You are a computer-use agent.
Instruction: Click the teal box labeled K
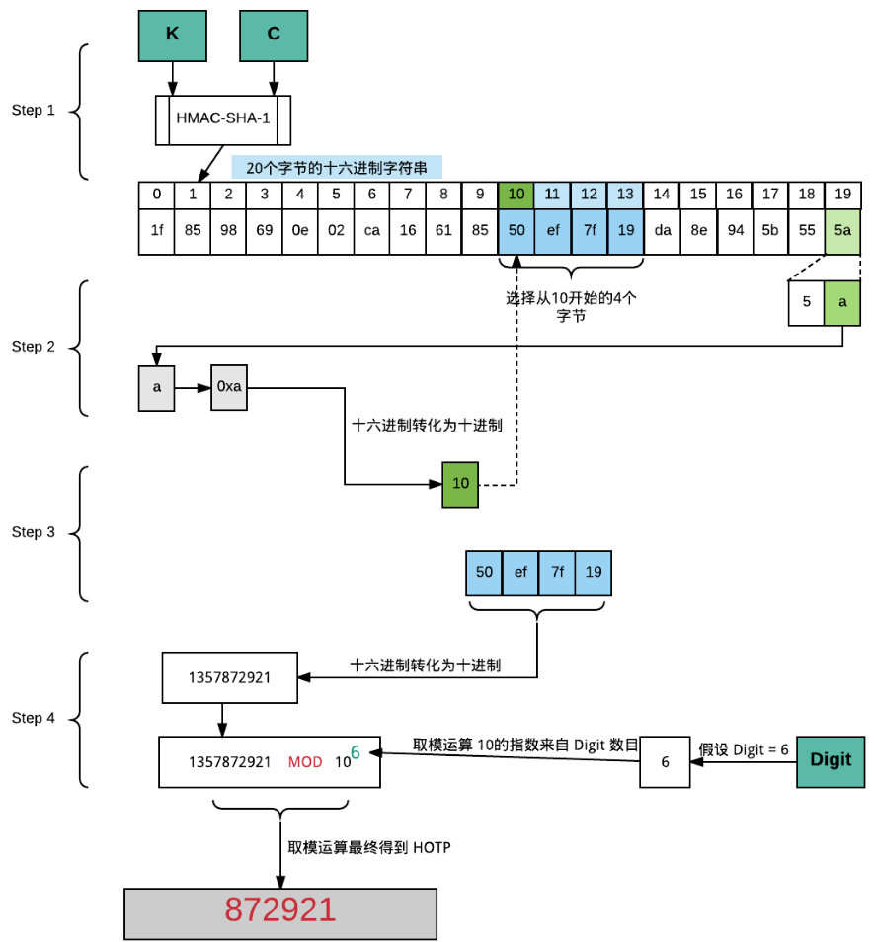pyautogui.click(x=173, y=34)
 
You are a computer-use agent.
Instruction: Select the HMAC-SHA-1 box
pyautogui.click(x=222, y=118)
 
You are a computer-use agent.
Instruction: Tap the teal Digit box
pyautogui.click(x=831, y=761)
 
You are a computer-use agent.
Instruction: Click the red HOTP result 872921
pyautogui.click(x=279, y=909)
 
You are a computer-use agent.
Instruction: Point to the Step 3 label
pyautogui.click(x=33, y=532)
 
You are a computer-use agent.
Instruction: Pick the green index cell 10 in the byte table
pyautogui.click(x=516, y=195)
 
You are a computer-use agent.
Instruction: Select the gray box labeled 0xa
pyautogui.click(x=229, y=386)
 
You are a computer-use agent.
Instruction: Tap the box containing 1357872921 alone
pyautogui.click(x=229, y=677)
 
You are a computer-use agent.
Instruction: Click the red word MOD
pyautogui.click(x=305, y=762)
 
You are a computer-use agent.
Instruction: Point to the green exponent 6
pyautogui.click(x=356, y=752)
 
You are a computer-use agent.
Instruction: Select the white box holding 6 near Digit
pyautogui.click(x=665, y=762)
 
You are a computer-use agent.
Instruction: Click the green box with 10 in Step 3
pyautogui.click(x=460, y=484)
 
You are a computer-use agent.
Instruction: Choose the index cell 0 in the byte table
pyautogui.click(x=157, y=195)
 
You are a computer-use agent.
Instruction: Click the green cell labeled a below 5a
pyautogui.click(x=842, y=303)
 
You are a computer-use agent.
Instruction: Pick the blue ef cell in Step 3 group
pyautogui.click(x=520, y=572)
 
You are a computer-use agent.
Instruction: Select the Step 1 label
pyautogui.click(x=33, y=110)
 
